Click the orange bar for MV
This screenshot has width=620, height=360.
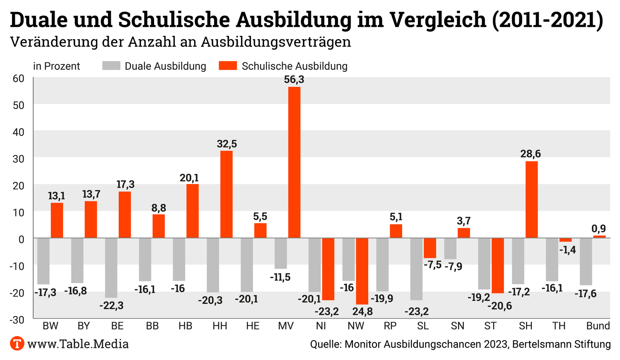click(294, 162)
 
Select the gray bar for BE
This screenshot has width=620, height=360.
click(111, 268)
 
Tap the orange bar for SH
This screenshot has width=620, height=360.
click(532, 200)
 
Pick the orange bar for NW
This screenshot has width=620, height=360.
click(362, 271)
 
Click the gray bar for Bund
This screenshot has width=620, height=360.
click(586, 262)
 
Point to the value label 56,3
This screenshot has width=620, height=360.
click(294, 80)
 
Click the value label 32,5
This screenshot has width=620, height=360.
click(227, 144)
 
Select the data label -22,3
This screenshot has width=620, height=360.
click(111, 306)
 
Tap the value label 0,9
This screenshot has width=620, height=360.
click(599, 229)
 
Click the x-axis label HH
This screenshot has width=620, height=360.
click(220, 326)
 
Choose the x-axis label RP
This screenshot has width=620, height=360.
click(390, 326)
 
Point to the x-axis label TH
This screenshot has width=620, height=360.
click(559, 326)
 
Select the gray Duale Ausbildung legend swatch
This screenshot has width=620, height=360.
click(111, 66)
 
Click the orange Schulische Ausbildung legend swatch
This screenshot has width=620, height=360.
click(228, 66)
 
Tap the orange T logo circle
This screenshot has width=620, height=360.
click(17, 343)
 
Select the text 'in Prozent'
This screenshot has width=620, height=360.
click(57, 66)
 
